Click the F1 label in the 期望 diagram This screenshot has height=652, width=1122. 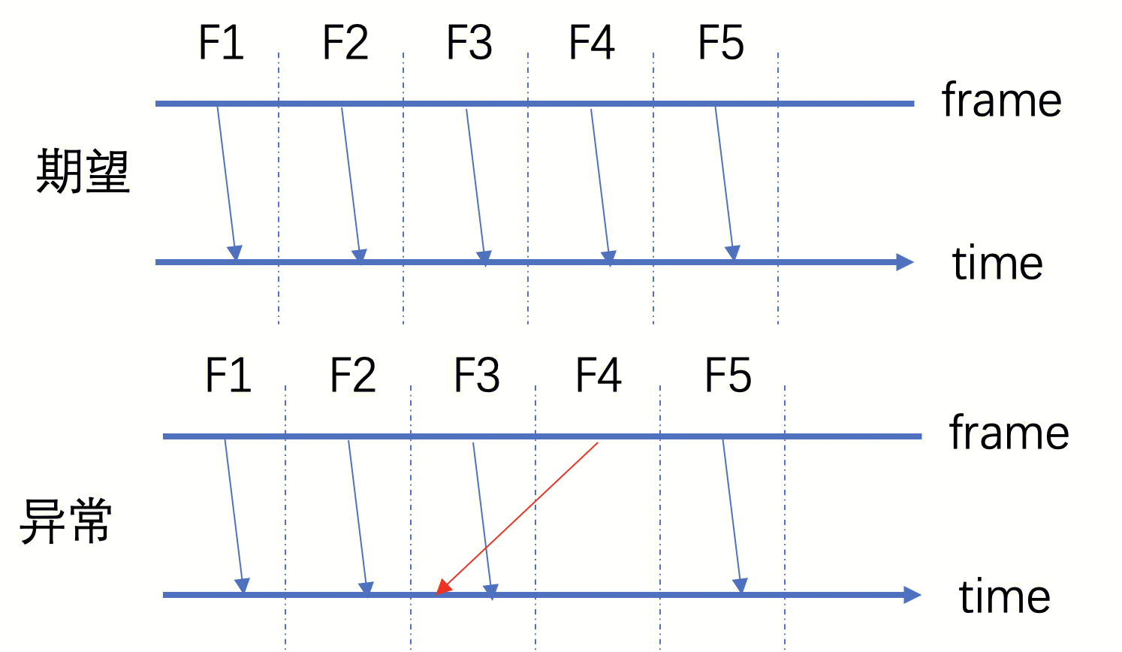pyautogui.click(x=222, y=43)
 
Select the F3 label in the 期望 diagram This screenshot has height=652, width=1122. pyautogui.click(x=469, y=43)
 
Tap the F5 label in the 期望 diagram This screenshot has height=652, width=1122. pyautogui.click(x=721, y=43)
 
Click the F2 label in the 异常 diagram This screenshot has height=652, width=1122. pyautogui.click(x=353, y=376)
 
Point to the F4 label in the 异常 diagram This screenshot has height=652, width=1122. pyautogui.click(x=599, y=376)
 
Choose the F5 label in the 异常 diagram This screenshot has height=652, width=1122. pyautogui.click(x=728, y=376)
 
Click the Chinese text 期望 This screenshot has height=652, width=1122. pyautogui.click(x=83, y=172)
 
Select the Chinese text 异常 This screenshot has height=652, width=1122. pyautogui.click(x=66, y=521)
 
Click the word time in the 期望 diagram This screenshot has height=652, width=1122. pyautogui.click(x=997, y=264)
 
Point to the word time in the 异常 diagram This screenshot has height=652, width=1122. pyautogui.click(x=1004, y=597)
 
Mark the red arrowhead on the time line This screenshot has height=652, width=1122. pyautogui.click(x=443, y=587)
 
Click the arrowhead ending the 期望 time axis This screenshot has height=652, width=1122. pyautogui.click(x=905, y=262)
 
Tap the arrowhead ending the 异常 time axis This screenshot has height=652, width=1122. pyautogui.click(x=912, y=595)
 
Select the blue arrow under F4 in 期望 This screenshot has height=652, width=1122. pyautogui.click(x=600, y=184)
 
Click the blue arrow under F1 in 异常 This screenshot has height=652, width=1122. pyautogui.click(x=234, y=515)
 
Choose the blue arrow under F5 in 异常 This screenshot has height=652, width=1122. pyautogui.click(x=732, y=515)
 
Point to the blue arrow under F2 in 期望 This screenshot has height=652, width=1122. pyautogui.click(x=351, y=184)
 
